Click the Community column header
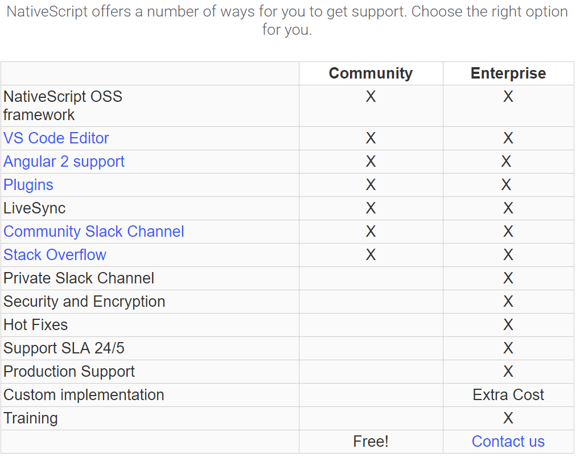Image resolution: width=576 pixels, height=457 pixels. point(371,73)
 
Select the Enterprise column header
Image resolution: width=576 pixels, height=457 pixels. point(508,73)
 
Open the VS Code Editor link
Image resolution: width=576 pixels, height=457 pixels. point(56,138)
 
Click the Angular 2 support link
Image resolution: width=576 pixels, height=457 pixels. point(64,162)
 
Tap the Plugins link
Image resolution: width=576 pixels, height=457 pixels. point(28,185)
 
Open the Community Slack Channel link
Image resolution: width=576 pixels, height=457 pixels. point(94,232)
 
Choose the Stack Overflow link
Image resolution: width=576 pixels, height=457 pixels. point(55,255)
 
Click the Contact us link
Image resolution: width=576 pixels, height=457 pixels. point(508,442)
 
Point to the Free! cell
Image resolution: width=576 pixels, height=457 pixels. point(371,442)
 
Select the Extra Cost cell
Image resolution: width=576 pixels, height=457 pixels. point(508,395)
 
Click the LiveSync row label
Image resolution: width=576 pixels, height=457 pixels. point(35,208)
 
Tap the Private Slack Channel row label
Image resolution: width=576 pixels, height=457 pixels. point(79,278)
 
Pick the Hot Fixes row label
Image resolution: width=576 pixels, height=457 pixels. point(36,325)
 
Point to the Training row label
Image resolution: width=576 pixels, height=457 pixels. point(31,418)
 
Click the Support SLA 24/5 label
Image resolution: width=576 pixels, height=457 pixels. point(64,348)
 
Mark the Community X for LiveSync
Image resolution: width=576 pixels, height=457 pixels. point(371,208)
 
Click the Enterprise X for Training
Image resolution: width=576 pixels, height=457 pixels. point(508,418)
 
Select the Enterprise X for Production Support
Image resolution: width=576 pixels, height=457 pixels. point(508,372)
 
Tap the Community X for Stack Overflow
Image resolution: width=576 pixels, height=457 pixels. point(371,255)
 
